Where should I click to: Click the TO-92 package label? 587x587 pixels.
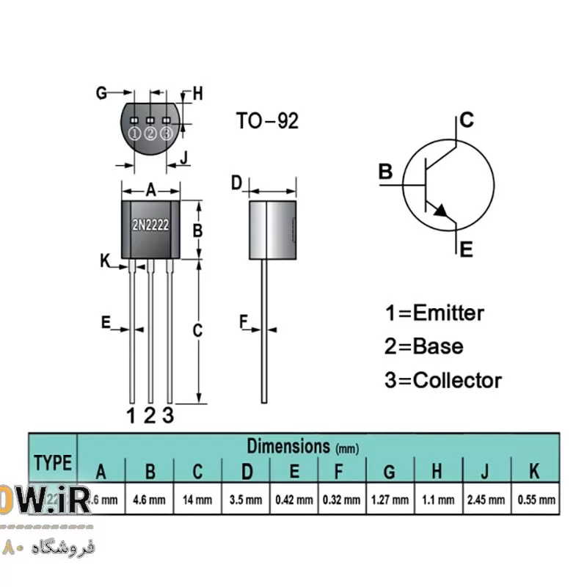point(267,120)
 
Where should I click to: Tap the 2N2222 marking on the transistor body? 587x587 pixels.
point(150,225)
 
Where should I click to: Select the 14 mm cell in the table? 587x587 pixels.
point(198,500)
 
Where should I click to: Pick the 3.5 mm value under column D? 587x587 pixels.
point(247,500)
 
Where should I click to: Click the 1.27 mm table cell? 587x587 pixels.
point(390,500)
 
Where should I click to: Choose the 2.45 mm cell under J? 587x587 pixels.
point(486,500)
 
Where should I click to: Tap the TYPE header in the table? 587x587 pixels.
point(53,463)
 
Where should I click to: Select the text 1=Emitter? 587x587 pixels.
point(434,313)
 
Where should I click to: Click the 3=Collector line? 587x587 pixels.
point(443,380)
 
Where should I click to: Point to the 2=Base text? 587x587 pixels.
point(424,346)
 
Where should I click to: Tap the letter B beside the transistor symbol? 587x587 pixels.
point(386,172)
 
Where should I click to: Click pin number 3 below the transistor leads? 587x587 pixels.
point(168,415)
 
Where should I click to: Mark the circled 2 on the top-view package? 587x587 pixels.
point(150,133)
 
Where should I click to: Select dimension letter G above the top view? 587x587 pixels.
point(102,92)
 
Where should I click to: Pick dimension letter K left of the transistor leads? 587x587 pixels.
point(104,260)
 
